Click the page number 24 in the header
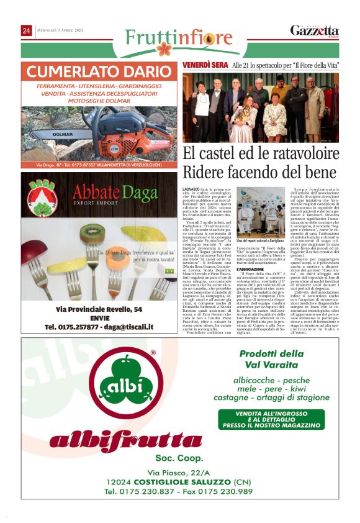(x=26, y=30)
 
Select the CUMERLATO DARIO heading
(x=99, y=70)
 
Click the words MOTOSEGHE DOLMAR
(x=99, y=101)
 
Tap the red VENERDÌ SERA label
(x=205, y=65)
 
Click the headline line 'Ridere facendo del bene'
(x=261, y=171)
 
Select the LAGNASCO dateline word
(x=192, y=188)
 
